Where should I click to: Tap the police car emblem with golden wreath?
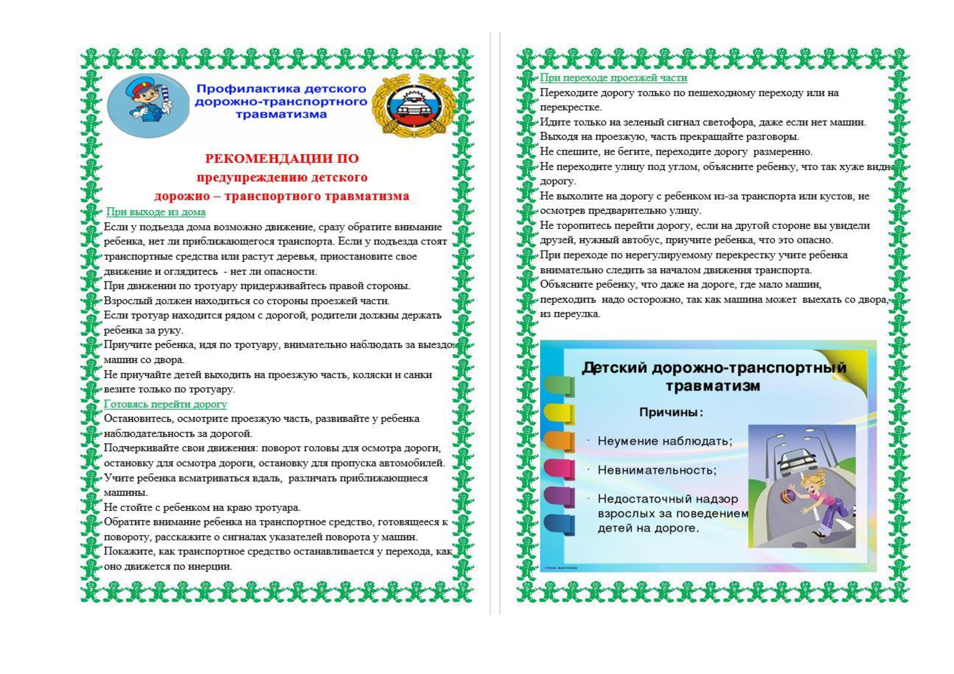point(413,106)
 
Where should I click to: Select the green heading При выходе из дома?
point(155,212)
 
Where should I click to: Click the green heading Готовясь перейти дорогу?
point(165,404)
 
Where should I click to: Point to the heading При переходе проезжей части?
point(613,78)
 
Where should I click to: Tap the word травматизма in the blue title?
point(281,115)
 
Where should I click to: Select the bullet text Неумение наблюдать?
point(665,441)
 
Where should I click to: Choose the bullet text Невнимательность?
point(657,470)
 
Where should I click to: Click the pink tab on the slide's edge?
point(558,468)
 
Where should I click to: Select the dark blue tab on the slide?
point(558,524)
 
